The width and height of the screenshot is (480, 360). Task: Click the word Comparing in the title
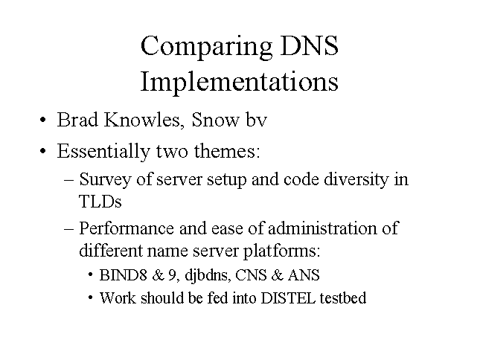[206, 47]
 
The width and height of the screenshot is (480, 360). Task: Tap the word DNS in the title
[309, 45]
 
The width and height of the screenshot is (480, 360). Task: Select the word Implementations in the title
[240, 82]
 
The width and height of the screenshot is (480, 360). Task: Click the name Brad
[77, 120]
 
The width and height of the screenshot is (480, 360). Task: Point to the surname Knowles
[142, 120]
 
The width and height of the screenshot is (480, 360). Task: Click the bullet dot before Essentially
[43, 151]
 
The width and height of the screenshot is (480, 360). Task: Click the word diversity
[356, 179]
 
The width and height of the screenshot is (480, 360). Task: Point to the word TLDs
[100, 202]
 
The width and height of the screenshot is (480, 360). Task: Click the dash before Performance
[69, 229]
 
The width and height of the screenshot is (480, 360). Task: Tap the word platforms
[281, 251]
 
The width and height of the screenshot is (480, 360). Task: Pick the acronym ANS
[304, 274]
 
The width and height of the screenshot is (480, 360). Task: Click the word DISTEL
[288, 298]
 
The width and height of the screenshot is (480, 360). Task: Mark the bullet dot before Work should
[90, 298]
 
